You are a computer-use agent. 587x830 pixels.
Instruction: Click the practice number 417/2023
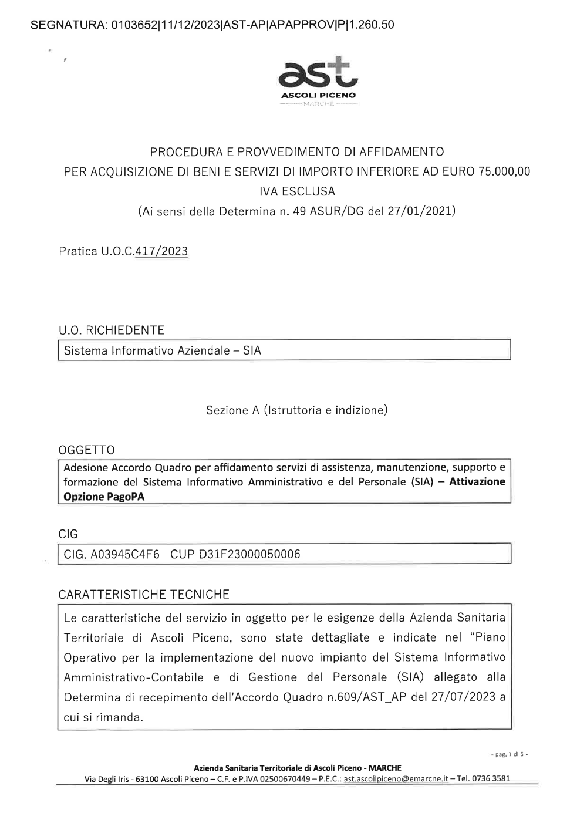tap(161, 252)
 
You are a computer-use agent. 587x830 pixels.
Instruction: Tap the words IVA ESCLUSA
tap(297, 191)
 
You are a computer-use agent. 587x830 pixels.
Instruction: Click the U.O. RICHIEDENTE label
tap(112, 330)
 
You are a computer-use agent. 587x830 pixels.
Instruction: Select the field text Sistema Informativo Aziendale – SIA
tap(163, 350)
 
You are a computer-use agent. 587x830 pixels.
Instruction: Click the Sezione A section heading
tap(296, 410)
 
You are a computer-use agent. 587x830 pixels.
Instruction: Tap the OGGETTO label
tap(87, 450)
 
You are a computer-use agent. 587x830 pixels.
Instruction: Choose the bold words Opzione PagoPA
tap(104, 496)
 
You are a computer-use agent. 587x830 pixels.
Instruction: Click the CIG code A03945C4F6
tap(125, 554)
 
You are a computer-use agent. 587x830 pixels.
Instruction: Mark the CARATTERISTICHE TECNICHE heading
tap(144, 594)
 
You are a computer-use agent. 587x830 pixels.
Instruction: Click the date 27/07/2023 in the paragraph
tap(462, 697)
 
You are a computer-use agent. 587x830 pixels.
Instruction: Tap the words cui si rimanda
tap(104, 717)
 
